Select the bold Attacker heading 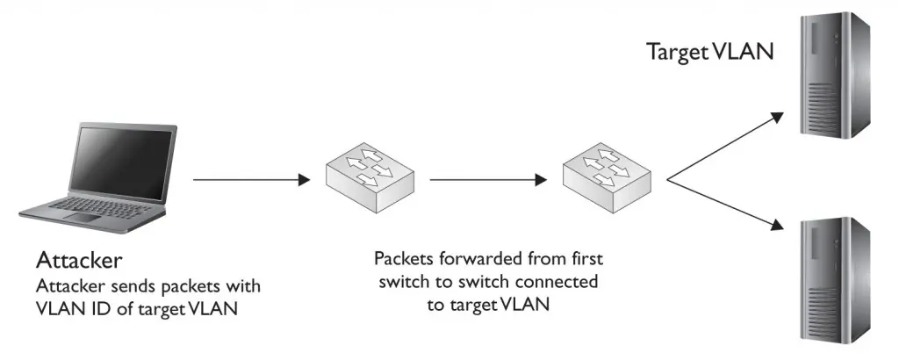click(x=78, y=262)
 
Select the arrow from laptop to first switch click(x=251, y=180)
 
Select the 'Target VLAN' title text click(x=709, y=52)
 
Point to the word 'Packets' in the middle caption click(x=404, y=261)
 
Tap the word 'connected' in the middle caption click(x=563, y=283)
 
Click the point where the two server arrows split click(x=668, y=180)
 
